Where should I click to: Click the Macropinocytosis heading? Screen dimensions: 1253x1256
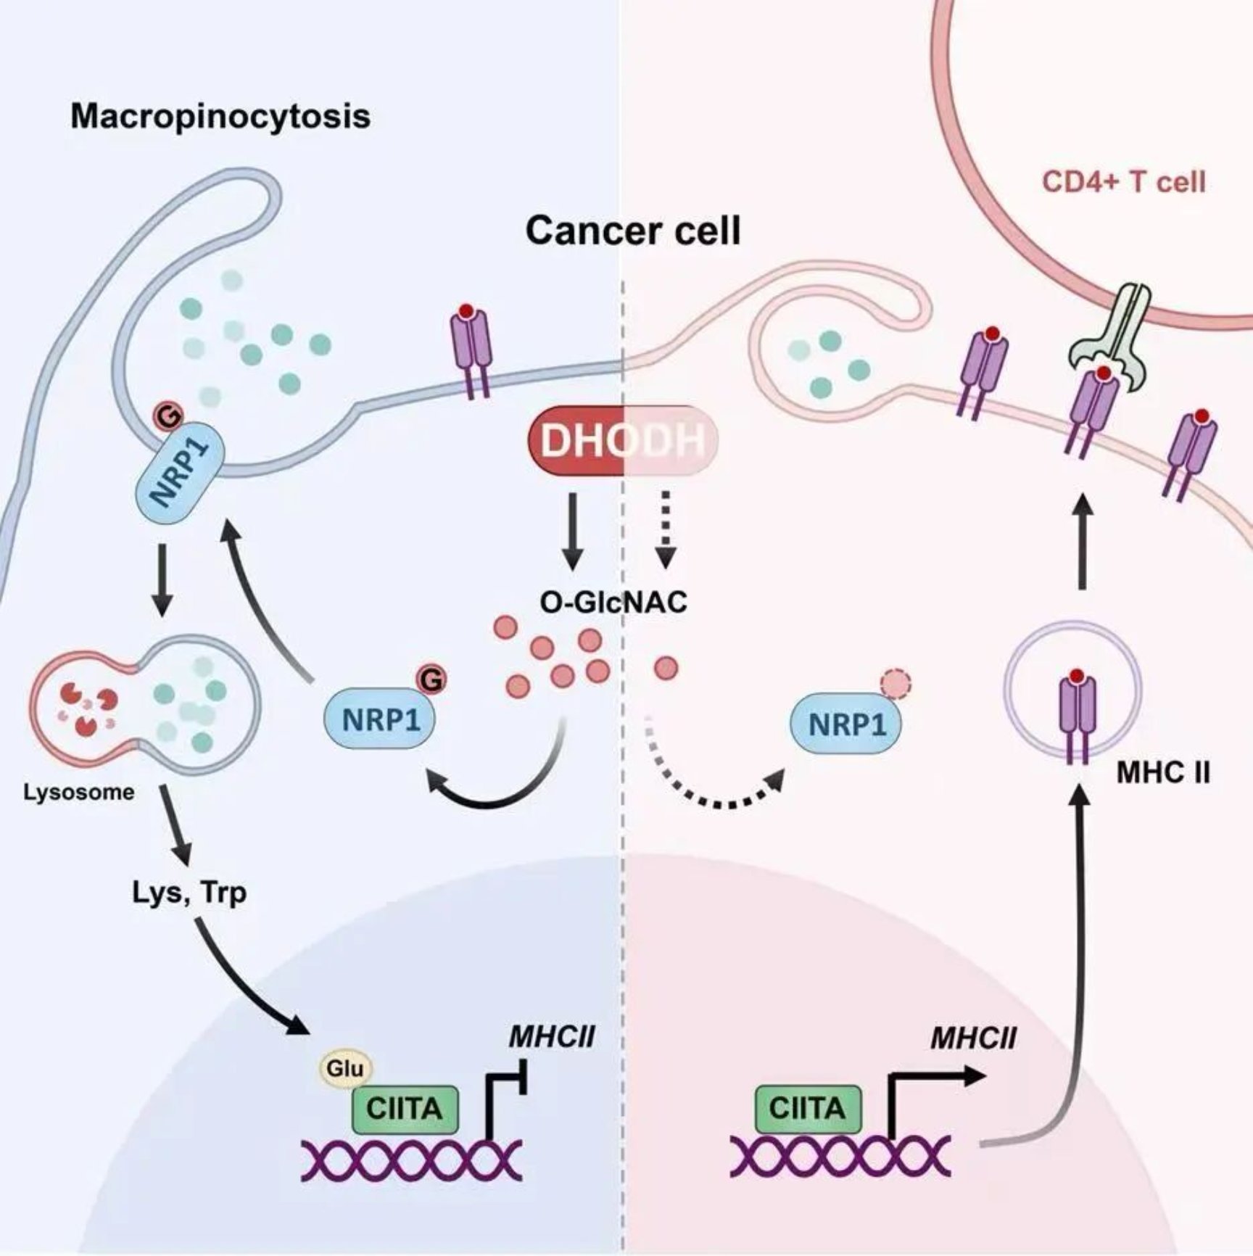tap(220, 116)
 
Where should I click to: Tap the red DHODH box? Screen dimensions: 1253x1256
tap(623, 439)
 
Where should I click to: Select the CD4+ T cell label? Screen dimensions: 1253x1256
tap(1123, 181)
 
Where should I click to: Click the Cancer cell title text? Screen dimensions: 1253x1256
tap(633, 231)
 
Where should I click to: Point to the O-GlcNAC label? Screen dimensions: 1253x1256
tap(613, 602)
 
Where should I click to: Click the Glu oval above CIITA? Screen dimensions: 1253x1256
tap(345, 1068)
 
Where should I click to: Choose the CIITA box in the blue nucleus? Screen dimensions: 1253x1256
tap(405, 1110)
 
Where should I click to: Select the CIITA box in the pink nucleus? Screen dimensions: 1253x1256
tap(808, 1109)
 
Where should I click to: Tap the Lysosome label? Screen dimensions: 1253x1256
tap(79, 792)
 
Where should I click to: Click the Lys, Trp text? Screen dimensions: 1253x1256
tap(190, 893)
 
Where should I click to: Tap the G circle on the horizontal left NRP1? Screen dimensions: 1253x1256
tap(431, 679)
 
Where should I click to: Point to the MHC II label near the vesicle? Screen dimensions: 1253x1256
tap(1163, 773)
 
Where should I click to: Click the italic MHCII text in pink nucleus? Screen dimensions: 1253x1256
tap(974, 1038)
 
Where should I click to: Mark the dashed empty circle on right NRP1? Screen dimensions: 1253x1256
tap(896, 683)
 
